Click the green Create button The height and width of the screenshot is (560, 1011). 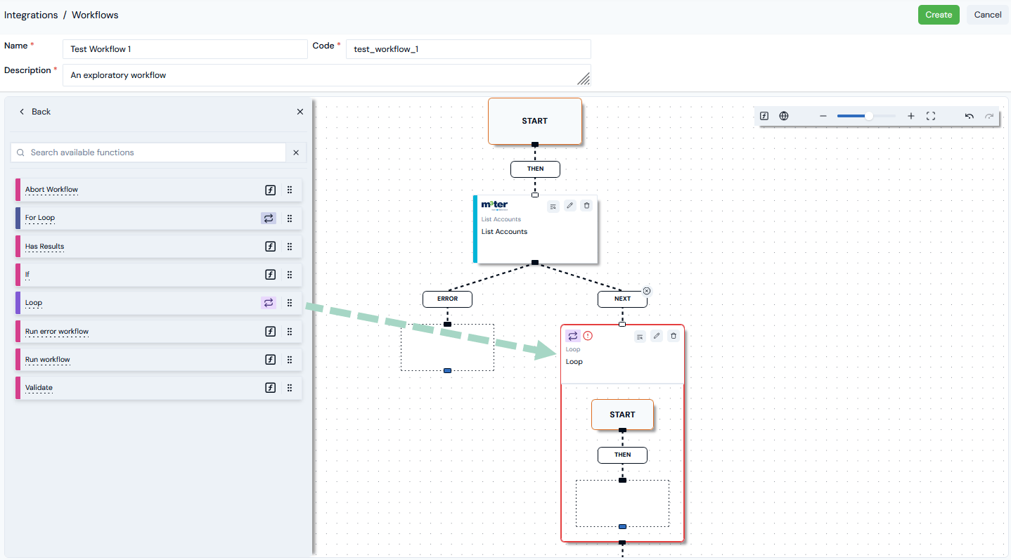point(939,15)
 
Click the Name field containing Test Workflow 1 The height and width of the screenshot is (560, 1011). point(185,49)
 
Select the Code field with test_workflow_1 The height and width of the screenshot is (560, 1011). point(468,49)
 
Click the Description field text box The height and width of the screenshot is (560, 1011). point(326,75)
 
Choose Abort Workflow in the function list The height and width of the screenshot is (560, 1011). point(51,190)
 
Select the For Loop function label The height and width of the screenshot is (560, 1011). point(39,218)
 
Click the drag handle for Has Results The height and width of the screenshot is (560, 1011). point(290,247)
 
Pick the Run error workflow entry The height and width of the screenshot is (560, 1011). point(57,332)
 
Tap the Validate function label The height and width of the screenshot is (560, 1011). point(39,387)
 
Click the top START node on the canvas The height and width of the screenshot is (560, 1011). point(535,122)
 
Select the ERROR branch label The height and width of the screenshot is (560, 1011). point(447,299)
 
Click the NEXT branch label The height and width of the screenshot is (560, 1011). point(622,299)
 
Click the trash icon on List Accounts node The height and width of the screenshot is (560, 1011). point(586,206)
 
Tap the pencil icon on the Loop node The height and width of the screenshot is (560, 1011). point(657,336)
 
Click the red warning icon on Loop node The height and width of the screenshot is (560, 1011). point(588,336)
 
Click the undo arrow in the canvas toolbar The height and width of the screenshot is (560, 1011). point(969,116)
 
